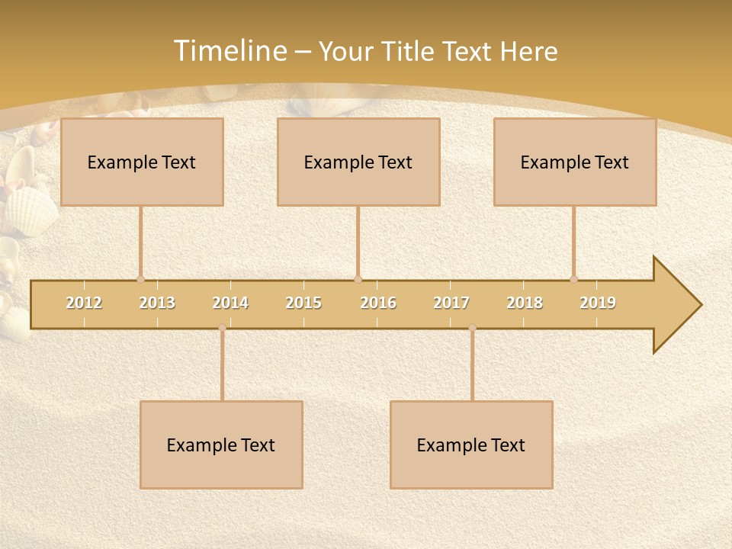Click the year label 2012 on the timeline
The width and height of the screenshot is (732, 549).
(84, 303)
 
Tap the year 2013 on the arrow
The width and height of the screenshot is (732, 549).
(157, 303)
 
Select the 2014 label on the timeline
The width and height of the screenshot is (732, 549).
(230, 303)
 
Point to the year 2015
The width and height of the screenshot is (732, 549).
(303, 303)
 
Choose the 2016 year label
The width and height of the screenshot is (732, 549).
(378, 303)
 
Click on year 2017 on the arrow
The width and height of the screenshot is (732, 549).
(451, 303)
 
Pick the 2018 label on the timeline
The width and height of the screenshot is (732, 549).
(525, 303)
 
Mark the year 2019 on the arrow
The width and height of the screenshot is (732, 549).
(598, 303)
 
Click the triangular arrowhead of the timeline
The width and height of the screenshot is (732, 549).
(675, 305)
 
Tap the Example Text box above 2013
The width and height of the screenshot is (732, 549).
(142, 162)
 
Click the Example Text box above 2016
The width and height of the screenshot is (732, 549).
(358, 162)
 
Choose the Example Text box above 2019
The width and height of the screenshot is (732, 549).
(575, 162)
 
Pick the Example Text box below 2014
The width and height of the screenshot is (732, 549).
(221, 445)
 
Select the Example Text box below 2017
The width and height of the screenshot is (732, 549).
(471, 445)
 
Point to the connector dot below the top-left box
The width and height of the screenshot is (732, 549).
(140, 279)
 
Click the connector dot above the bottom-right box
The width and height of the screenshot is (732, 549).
(472, 328)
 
